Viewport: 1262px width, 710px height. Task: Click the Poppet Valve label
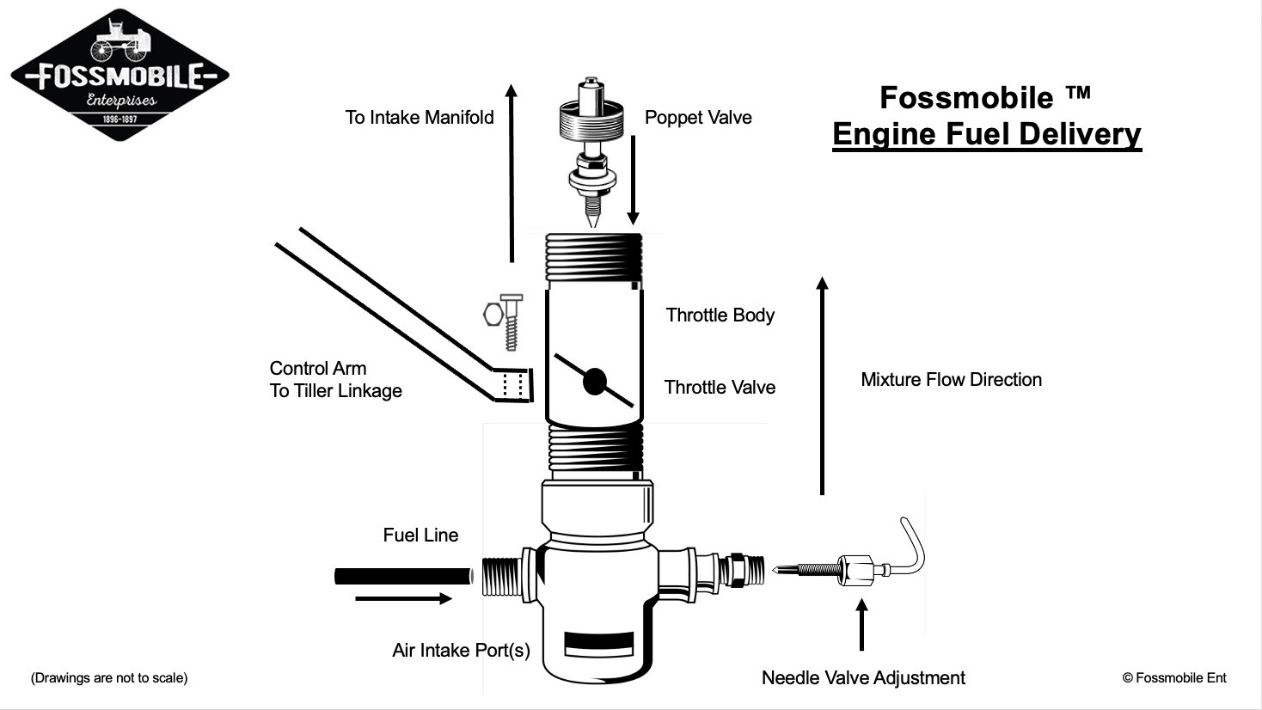coord(698,118)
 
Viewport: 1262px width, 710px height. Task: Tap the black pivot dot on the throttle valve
coord(594,382)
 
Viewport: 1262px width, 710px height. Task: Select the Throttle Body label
coord(720,315)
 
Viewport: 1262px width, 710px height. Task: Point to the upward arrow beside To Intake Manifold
coord(512,173)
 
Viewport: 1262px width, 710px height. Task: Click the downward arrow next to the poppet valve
coord(633,180)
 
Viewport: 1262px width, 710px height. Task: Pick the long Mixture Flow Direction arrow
coord(823,386)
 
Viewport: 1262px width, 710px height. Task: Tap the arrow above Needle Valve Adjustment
coord(861,625)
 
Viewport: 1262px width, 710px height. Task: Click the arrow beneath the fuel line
coord(403,598)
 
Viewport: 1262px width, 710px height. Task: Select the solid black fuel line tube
coord(403,577)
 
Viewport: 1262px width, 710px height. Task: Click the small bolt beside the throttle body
coord(511,322)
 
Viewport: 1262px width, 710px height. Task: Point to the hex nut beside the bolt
coord(493,315)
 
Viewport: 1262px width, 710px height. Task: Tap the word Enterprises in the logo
coord(122,101)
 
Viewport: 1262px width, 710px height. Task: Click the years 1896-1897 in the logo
coord(120,119)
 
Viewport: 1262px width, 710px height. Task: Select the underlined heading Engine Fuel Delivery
coord(987,135)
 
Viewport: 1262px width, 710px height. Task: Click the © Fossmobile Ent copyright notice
coord(1174,678)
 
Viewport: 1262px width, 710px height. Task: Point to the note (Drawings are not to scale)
coord(109,678)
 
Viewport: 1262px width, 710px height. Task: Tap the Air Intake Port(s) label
coord(462,651)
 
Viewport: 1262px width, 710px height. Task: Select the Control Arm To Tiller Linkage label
coord(336,380)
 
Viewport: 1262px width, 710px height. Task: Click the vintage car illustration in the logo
coord(120,40)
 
